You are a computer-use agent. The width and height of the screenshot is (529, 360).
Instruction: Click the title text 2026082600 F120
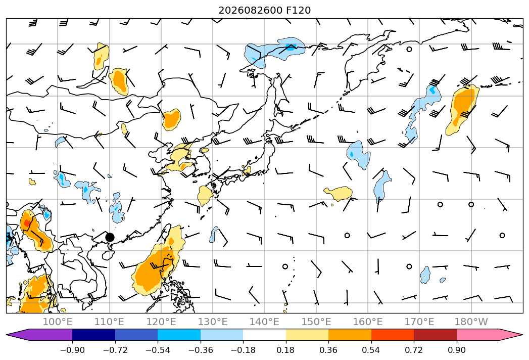(x=265, y=11)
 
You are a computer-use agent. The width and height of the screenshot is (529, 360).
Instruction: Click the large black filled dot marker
(x=110, y=237)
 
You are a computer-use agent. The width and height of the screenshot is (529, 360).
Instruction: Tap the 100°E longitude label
(x=58, y=322)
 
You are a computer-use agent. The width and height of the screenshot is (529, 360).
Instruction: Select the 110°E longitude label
(x=109, y=322)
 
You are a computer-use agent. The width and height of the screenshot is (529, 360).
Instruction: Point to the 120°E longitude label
(x=161, y=322)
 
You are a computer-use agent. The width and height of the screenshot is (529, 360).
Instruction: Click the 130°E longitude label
(x=213, y=322)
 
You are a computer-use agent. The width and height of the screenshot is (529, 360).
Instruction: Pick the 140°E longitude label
(x=265, y=322)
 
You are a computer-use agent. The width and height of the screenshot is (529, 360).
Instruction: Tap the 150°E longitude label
(x=316, y=322)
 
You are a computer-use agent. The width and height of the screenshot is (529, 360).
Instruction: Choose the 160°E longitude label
(x=368, y=322)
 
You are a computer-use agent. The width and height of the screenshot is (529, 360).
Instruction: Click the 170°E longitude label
(x=419, y=322)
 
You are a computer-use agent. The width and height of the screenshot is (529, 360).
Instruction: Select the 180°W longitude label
(x=471, y=322)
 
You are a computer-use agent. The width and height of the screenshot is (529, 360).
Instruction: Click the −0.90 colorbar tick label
(x=72, y=350)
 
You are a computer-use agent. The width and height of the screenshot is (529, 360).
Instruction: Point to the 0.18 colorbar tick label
(x=286, y=350)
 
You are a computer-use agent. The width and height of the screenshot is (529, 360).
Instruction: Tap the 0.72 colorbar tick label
(x=414, y=350)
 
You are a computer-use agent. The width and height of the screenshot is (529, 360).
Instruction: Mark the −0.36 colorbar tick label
(x=201, y=350)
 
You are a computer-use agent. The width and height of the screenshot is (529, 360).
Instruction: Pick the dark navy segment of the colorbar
(x=94, y=334)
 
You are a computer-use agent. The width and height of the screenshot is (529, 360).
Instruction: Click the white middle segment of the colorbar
(x=265, y=334)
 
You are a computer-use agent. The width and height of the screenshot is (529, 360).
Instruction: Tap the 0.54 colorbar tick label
(x=371, y=350)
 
